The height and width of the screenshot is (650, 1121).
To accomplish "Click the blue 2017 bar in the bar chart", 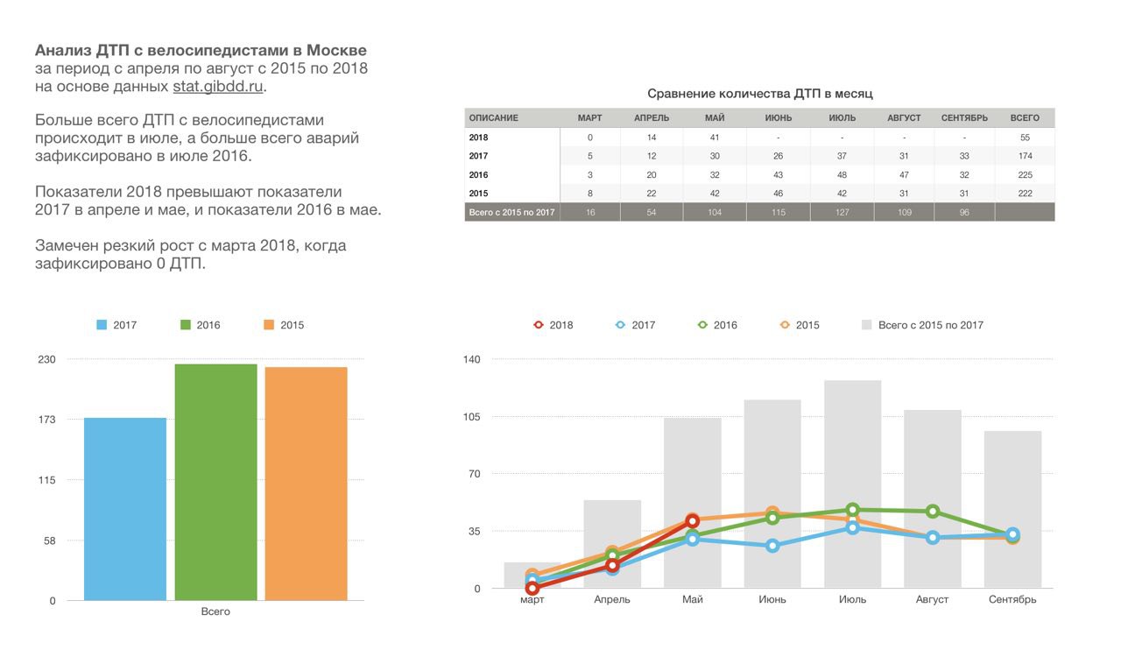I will (x=125, y=508).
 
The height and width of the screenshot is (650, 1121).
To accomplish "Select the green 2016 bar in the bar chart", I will (x=215, y=482).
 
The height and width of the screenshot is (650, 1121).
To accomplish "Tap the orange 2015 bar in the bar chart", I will (x=306, y=484).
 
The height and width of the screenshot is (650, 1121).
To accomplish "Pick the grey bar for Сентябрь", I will (x=1012, y=509).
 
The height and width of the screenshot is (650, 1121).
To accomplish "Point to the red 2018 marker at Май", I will (x=693, y=521).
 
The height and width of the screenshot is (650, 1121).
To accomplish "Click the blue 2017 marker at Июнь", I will (x=772, y=546).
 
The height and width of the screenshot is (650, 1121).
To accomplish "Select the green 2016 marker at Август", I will (x=933, y=512).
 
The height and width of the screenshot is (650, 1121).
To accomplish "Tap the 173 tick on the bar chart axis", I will (x=46, y=420).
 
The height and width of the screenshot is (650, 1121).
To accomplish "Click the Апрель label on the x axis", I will (x=612, y=600).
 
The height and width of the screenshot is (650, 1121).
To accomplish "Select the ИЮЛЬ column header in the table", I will (x=842, y=118).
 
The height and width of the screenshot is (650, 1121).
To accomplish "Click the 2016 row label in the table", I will (x=479, y=174).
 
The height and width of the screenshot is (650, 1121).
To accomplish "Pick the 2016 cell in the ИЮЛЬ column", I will (x=842, y=174).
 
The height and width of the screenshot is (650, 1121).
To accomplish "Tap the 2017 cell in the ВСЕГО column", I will (x=1025, y=156).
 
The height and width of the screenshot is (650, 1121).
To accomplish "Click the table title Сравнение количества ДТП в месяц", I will (x=759, y=93).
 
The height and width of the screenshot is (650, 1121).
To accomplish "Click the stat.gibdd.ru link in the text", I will (x=217, y=87).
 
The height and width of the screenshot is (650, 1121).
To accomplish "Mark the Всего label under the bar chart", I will (x=215, y=611).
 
